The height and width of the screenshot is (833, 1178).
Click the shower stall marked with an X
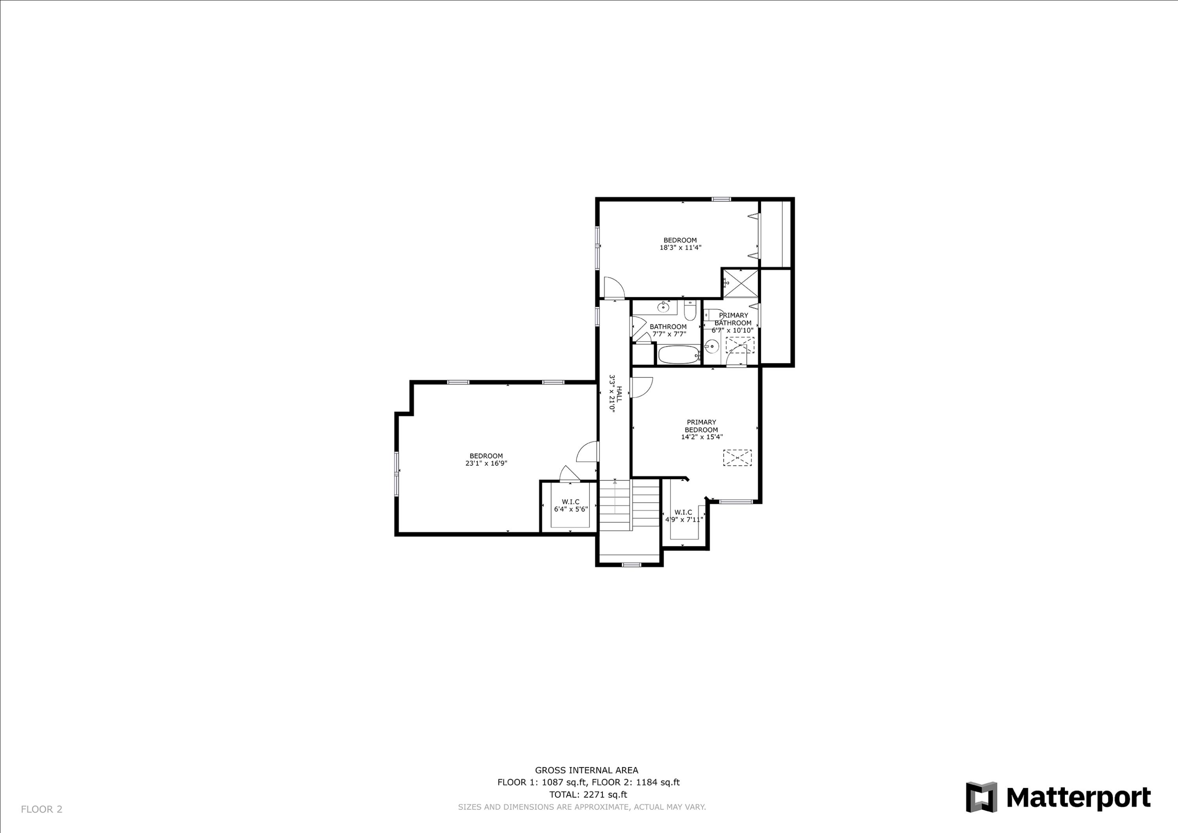click(x=740, y=283)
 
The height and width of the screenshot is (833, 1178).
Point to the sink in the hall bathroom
click(x=663, y=308)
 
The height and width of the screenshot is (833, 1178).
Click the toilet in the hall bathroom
click(x=690, y=311)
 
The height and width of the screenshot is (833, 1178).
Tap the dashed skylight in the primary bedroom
click(x=737, y=458)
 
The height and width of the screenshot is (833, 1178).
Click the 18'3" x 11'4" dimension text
click(x=680, y=247)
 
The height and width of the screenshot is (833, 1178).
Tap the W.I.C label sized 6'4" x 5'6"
click(x=571, y=502)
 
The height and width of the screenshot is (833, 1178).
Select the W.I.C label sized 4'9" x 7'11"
click(x=683, y=512)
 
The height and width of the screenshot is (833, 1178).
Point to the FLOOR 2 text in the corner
click(x=42, y=809)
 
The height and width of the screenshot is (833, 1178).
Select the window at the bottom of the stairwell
click(x=631, y=565)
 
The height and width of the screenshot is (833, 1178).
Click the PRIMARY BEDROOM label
click(x=701, y=426)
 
